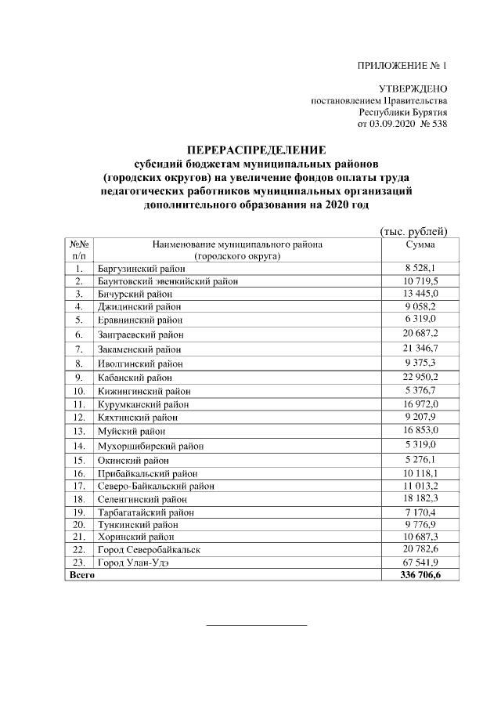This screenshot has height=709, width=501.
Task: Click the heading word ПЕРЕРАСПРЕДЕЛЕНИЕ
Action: point(256,150)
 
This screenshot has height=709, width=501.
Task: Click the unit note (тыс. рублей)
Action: point(413,230)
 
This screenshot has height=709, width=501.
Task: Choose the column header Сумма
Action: point(419,244)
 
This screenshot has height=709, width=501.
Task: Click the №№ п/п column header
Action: point(79,250)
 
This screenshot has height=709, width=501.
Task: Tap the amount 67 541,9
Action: point(420,562)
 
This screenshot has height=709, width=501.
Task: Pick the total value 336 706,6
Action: point(420,574)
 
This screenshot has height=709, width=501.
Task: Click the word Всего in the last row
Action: point(82,574)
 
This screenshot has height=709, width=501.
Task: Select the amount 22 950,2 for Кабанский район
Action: point(420,377)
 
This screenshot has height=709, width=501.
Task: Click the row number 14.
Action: point(79,446)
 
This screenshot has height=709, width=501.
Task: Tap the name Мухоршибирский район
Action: point(150,446)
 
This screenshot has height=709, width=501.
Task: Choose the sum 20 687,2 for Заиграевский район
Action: point(420,334)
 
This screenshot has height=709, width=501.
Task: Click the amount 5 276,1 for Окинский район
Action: point(420,459)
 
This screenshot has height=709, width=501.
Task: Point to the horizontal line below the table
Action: point(256,625)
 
